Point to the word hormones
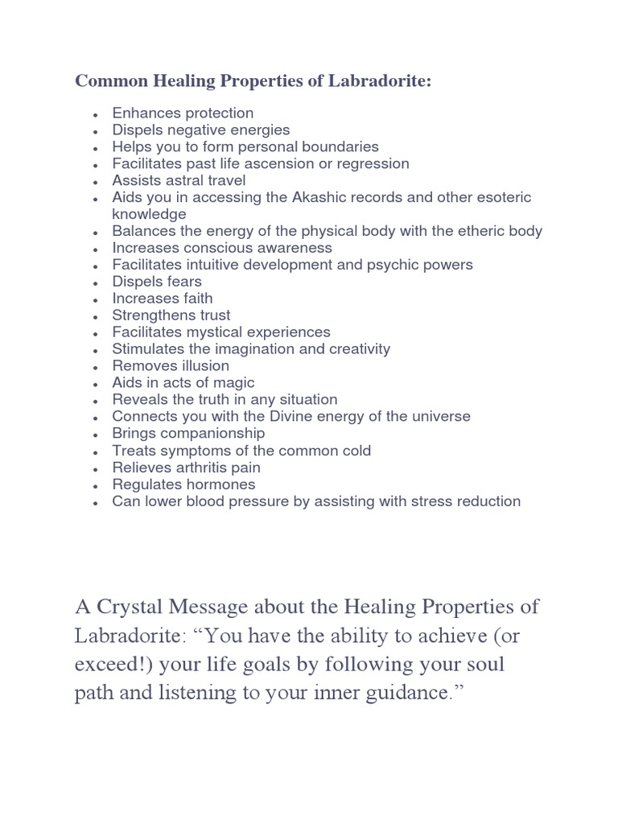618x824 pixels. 219,484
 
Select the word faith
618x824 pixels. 192,299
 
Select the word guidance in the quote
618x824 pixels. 415,694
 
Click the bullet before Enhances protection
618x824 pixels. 96,114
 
